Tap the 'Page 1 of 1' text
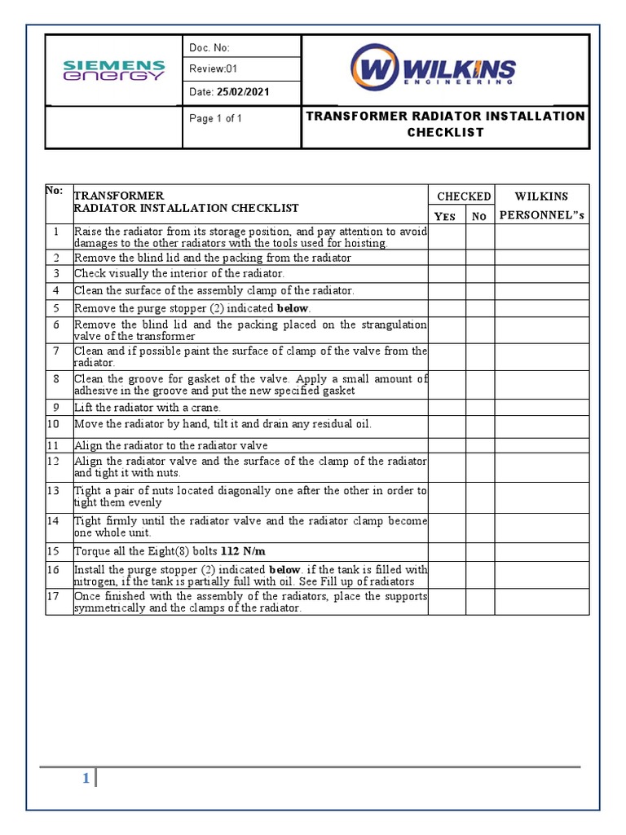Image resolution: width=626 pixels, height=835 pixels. point(215,118)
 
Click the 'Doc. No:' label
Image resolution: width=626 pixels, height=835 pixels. point(209,48)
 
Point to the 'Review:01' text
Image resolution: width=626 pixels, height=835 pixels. point(214,69)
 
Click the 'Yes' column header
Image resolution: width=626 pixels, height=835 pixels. point(446,216)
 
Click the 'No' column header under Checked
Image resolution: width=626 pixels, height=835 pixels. point(479,216)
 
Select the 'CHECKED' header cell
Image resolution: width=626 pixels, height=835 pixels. point(463,197)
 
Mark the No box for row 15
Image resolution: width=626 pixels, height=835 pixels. point(480,551)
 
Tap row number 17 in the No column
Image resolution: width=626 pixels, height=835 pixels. point(57,596)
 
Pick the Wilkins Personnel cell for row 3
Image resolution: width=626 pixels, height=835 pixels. point(541,274)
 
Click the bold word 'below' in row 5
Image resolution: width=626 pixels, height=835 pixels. point(293,308)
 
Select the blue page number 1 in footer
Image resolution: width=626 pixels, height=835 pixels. point(85,779)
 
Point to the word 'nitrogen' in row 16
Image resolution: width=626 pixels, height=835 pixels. point(95,581)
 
